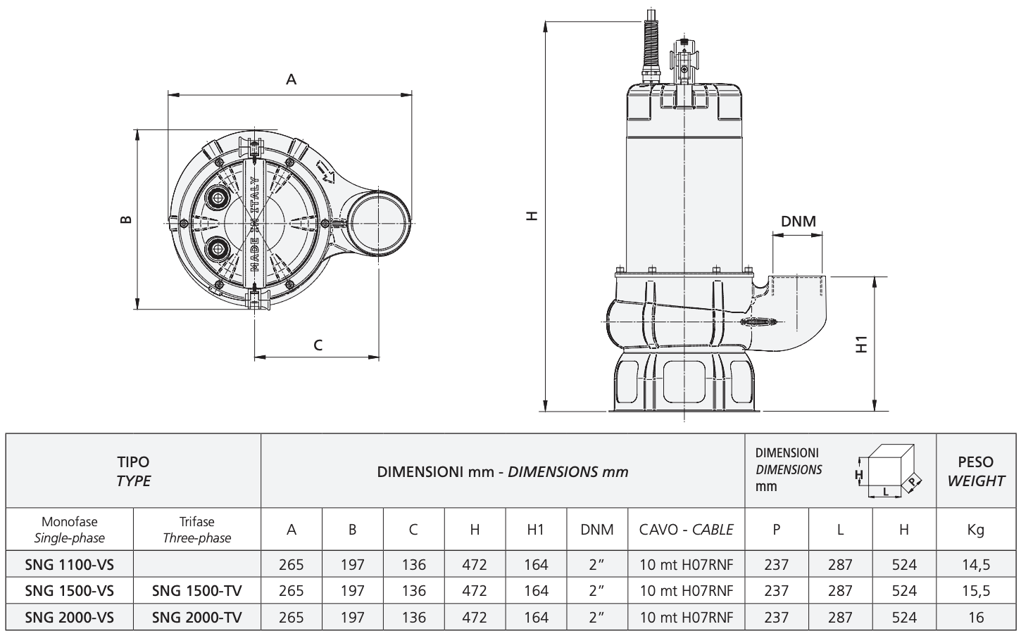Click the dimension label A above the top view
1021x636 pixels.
[x=291, y=79]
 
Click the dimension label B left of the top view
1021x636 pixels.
[x=126, y=220]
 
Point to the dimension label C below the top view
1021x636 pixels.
[x=318, y=345]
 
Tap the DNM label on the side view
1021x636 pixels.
[x=798, y=221]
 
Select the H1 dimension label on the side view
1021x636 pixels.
[x=861, y=345]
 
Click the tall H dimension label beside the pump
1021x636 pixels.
[x=532, y=216]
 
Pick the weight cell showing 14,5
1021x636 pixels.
[x=976, y=564]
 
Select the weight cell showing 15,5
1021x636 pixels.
[x=976, y=590]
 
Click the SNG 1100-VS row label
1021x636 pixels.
[x=69, y=564]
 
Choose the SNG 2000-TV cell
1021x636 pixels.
[x=197, y=617]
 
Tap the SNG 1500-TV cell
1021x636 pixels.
[x=197, y=590]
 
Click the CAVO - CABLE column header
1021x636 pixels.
[x=686, y=530]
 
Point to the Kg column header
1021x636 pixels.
[x=976, y=530]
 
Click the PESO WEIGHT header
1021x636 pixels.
[x=976, y=471]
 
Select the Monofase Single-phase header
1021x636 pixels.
[x=69, y=530]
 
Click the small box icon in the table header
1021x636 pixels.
[x=888, y=471]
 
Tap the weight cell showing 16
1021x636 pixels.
[x=976, y=617]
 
